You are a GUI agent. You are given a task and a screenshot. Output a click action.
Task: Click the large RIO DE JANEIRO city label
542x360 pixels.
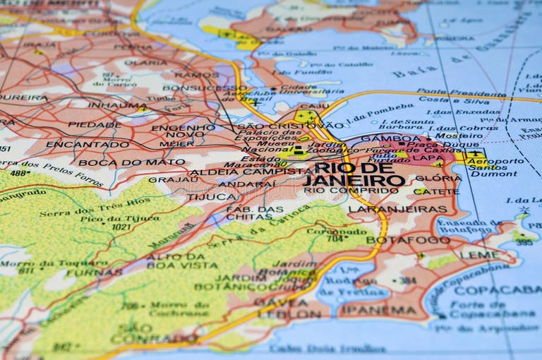point(354,174)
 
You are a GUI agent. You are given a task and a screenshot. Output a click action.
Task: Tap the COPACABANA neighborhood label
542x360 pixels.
point(497,290)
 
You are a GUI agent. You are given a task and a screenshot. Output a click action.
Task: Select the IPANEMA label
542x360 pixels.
point(383,310)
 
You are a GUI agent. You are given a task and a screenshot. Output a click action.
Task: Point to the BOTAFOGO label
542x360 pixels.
point(408,240)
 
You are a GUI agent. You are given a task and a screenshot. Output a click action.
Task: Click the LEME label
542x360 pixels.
point(479,255)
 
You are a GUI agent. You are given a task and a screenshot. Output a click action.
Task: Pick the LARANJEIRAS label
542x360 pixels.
point(397,209)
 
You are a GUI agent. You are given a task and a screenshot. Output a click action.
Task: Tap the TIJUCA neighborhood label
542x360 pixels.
point(210,197)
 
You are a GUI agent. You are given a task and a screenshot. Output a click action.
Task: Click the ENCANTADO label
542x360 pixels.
point(78,144)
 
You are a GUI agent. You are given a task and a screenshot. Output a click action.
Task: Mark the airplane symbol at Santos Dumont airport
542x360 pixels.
point(476,154)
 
